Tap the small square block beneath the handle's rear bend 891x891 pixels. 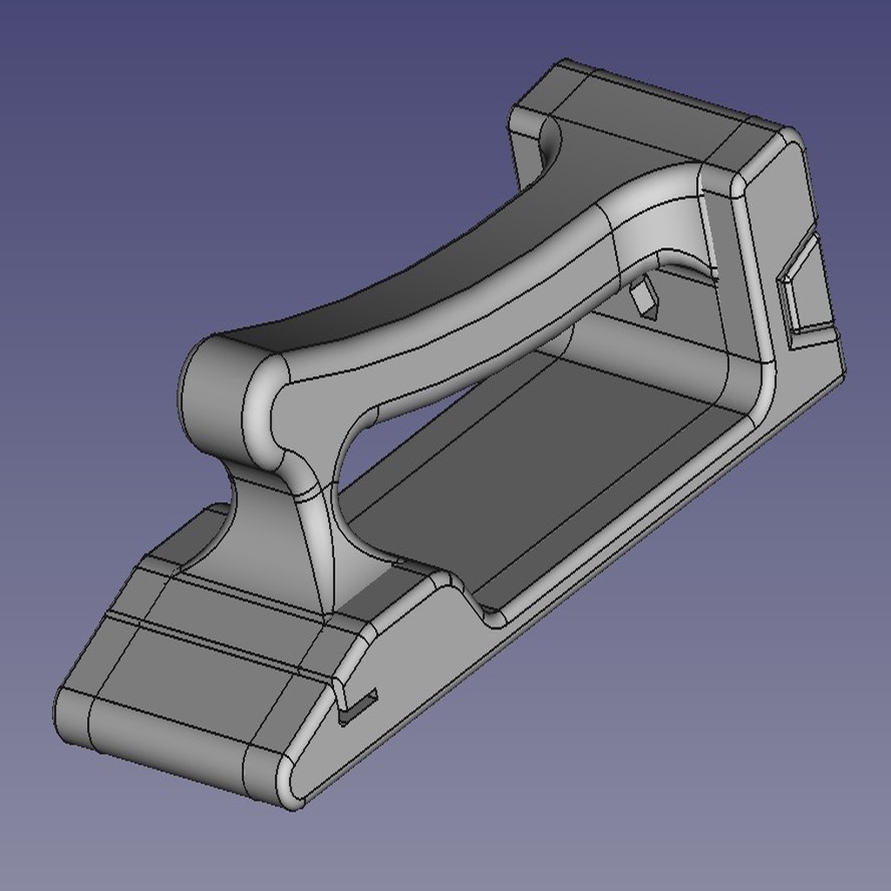(645, 298)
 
